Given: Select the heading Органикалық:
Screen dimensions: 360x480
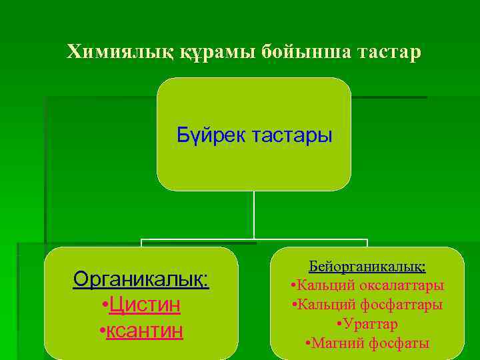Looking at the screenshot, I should pyautogui.click(x=141, y=279).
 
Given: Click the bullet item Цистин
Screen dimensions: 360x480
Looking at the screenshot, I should pyautogui.click(x=145, y=305).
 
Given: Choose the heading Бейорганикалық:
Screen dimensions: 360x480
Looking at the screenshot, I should pyautogui.click(x=367, y=266).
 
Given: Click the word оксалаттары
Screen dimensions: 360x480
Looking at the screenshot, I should pyautogui.click(x=402, y=285).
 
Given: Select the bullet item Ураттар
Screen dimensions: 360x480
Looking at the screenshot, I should pyautogui.click(x=371, y=324).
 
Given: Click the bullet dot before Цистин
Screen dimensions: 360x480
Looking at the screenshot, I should pyautogui.click(x=104, y=305).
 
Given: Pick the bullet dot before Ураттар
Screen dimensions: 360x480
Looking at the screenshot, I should pyautogui.click(x=340, y=325).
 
